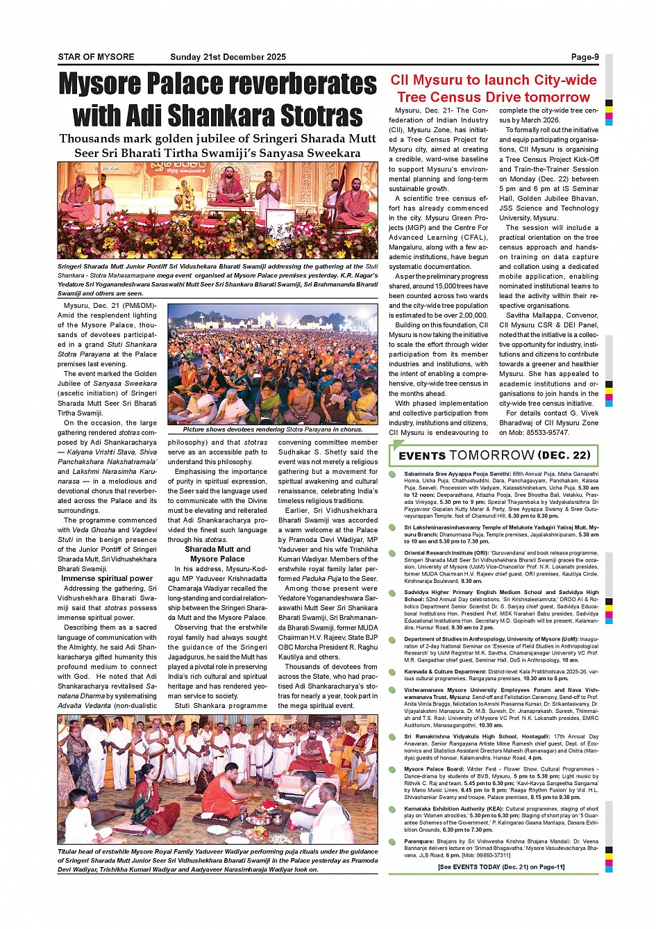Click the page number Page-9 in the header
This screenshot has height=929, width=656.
point(584,57)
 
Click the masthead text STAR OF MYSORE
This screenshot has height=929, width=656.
point(96,57)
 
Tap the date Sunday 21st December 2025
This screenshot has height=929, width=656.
point(228,57)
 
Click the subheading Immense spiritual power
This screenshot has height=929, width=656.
point(107,578)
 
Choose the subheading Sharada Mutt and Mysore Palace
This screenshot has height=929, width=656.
point(217,554)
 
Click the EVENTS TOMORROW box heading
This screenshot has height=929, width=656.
point(494,456)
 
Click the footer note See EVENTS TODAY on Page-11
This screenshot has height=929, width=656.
point(501,866)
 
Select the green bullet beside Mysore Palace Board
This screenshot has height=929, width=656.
point(393,769)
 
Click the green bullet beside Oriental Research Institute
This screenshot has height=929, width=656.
point(393,554)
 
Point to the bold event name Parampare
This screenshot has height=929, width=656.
point(419,841)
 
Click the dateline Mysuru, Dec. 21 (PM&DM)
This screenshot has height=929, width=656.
point(110,306)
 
